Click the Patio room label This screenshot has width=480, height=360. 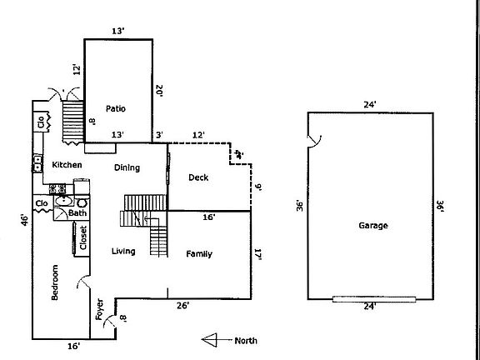[116, 108]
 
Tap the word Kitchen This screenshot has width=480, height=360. [67, 165]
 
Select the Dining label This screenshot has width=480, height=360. [127, 167]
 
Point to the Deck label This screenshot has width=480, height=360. [197, 177]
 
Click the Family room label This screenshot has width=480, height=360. [198, 254]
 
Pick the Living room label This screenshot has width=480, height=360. [123, 251]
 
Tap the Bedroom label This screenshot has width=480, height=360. [56, 285]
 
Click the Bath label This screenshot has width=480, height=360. [77, 213]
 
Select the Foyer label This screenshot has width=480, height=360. [98, 310]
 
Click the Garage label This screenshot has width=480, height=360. [372, 225]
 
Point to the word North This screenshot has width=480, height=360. [246, 340]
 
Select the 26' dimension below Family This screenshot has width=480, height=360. [182, 306]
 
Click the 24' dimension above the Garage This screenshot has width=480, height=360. [369, 104]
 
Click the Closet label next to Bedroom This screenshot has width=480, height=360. [83, 238]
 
